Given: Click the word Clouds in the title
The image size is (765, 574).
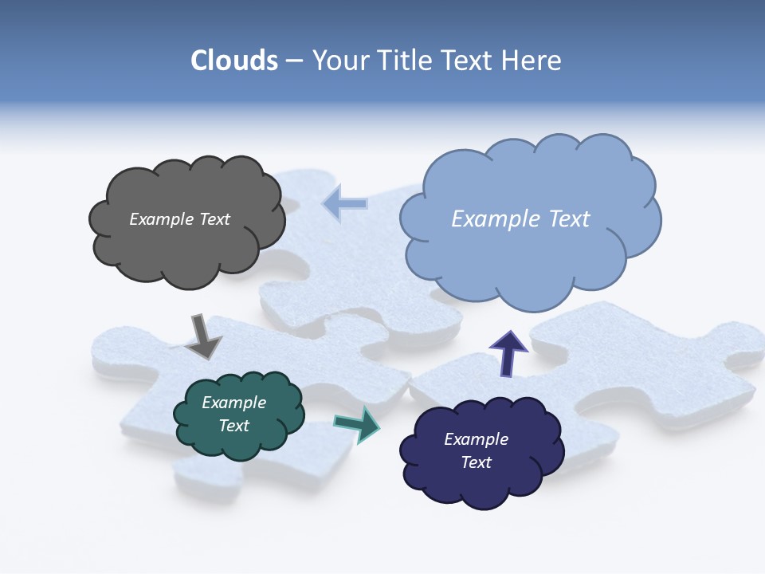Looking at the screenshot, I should click(234, 61).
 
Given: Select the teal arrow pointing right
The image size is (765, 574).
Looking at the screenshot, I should click(356, 423).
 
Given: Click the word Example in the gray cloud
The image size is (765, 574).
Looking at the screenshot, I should click(160, 219).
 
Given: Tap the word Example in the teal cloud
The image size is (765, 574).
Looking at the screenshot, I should click(233, 403).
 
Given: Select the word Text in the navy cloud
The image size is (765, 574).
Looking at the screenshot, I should click(476, 462).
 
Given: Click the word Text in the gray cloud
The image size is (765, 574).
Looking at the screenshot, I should click(213, 219).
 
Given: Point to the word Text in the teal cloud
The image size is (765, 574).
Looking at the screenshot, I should click(233, 426).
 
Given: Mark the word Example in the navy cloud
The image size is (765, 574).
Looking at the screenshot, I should click(476, 439).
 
